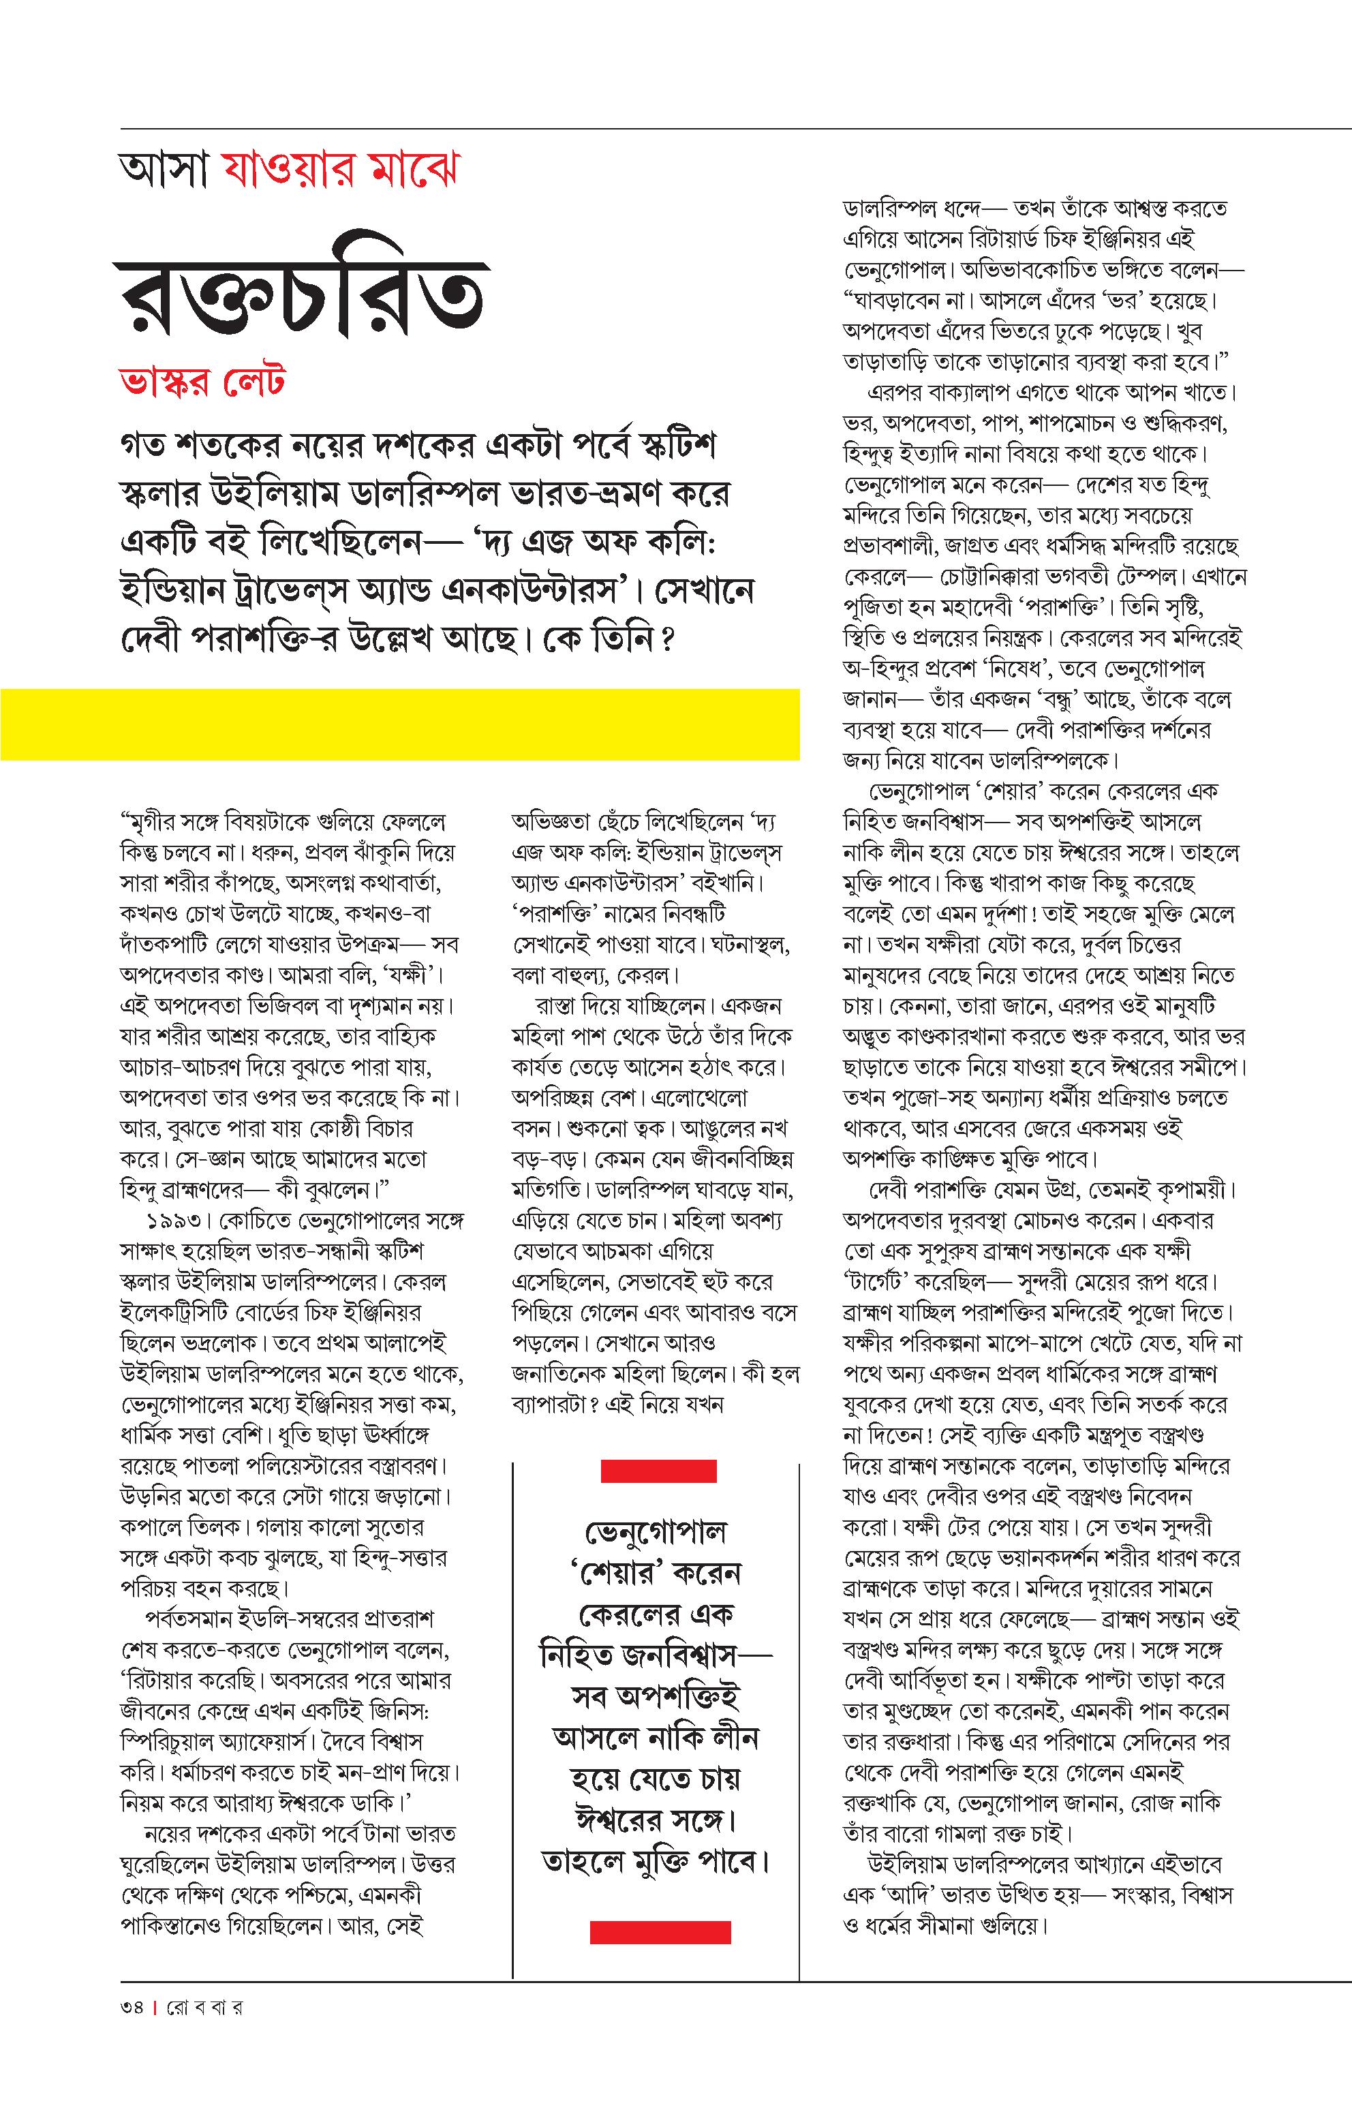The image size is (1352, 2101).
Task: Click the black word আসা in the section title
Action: click(x=164, y=170)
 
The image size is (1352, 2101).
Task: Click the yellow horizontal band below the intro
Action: click(x=399, y=724)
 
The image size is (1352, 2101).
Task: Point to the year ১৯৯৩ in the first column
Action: click(x=176, y=1221)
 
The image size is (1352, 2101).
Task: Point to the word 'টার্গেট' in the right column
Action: click(x=880, y=1283)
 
